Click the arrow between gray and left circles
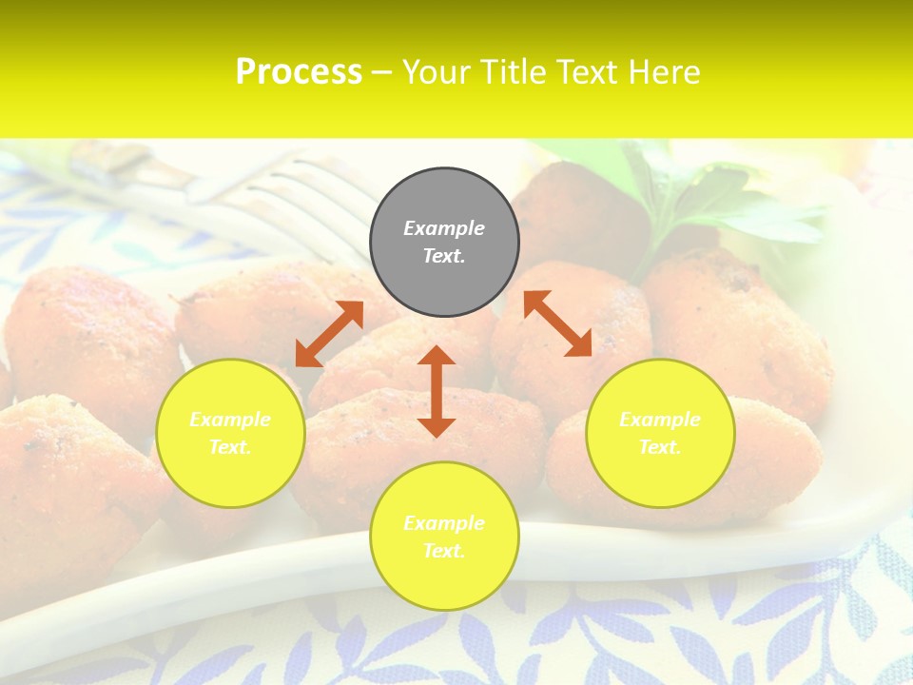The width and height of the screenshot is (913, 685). coord(329,334)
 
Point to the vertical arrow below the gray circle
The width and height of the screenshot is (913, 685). coord(437,391)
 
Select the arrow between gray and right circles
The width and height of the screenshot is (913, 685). coord(557,323)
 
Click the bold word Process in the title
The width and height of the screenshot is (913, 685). coord(299,72)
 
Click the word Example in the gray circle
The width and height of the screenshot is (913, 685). coord(444,228)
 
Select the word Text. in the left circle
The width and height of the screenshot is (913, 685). coord(230,447)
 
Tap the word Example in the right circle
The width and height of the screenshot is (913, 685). coord(660,420)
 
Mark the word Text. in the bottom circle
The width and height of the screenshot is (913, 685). coord(444,551)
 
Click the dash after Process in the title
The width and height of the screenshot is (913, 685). coord(381,72)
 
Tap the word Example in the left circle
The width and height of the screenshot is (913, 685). coord(230,420)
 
